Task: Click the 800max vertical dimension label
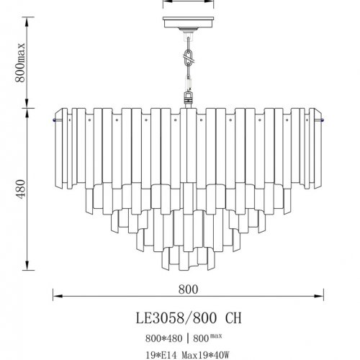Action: pyautogui.click(x=20, y=63)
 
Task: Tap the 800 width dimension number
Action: pyautogui.click(x=188, y=289)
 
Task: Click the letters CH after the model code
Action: pyautogui.click(x=233, y=318)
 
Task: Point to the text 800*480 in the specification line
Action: pyautogui.click(x=163, y=338)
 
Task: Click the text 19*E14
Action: pyautogui.click(x=162, y=355)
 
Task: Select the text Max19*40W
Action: pyautogui.click(x=206, y=355)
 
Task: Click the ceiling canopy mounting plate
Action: pyautogui.click(x=188, y=22)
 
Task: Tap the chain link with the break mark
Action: pyautogui.click(x=189, y=58)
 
